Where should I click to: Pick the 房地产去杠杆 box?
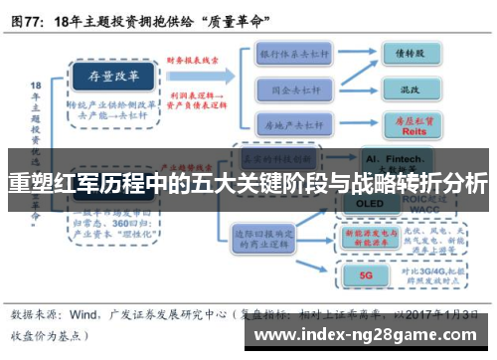294,124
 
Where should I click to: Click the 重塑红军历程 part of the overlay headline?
60,183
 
